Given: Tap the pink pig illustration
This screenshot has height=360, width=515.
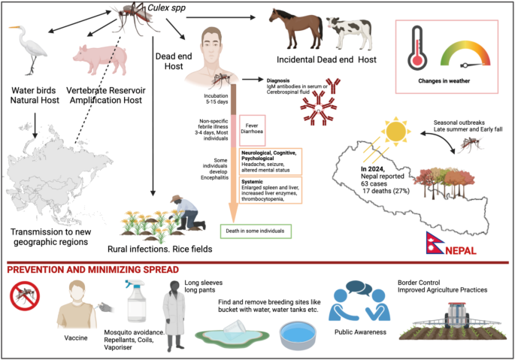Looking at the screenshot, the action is coord(101,59).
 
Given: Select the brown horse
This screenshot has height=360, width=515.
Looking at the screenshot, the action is coord(296,29).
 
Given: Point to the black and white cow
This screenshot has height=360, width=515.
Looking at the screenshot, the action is coord(350,33).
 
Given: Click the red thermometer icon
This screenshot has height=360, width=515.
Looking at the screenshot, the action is coord(417,48).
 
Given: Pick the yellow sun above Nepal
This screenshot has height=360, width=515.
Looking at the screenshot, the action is coord(395,131).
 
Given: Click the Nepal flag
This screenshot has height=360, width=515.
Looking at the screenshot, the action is coord(435,243).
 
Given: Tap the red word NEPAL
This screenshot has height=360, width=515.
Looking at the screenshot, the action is coord(461,250).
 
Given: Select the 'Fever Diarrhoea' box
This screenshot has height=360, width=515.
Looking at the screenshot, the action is coord(252,130).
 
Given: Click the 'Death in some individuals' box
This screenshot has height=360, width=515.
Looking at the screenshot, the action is coord(256,231).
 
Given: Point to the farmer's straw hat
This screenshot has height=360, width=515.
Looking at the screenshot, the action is coord(177,198).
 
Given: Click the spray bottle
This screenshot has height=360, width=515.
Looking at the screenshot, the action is coord(136,301).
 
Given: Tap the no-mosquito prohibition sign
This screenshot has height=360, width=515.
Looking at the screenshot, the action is coord(25,295).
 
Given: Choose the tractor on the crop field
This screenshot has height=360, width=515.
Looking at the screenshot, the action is coord(456,316).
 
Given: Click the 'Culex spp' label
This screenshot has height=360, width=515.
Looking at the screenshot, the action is coord(166,8).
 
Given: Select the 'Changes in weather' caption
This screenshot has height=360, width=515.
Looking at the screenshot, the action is coord(444,81).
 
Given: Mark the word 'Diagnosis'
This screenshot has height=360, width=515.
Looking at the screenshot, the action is coord(278,80).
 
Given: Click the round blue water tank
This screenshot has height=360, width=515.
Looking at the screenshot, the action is coord(298,335).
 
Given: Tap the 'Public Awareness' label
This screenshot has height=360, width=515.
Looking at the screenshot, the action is coord(360,332).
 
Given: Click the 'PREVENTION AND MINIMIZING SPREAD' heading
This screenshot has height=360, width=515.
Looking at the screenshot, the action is coord(93,270).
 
